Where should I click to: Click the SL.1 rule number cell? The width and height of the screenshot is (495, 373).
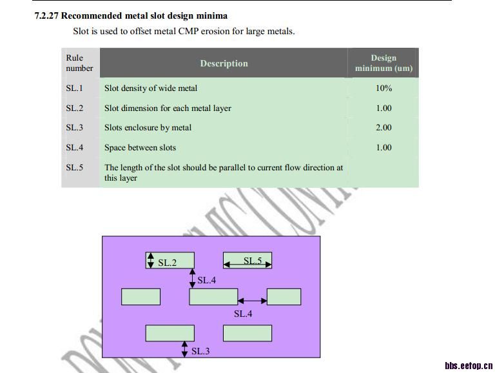pos(75,88)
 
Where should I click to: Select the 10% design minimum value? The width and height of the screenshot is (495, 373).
pos(383,88)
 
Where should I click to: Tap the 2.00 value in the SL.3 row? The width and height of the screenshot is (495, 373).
pos(383,127)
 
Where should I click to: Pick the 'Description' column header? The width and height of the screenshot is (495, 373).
pos(224,63)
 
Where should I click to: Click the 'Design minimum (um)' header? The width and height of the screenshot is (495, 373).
pos(383,63)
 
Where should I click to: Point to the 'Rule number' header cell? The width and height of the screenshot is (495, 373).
pos(79,63)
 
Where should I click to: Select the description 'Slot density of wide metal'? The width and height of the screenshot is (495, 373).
pos(151,88)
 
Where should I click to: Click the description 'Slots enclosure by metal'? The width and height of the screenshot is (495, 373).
pos(148,127)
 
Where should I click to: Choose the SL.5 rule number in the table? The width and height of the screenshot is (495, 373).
pos(75,167)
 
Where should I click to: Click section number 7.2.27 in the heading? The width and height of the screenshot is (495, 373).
pos(46,15)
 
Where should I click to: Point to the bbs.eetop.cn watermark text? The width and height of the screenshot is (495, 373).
pos(468,365)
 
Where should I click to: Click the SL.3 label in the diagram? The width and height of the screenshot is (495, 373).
pos(200,351)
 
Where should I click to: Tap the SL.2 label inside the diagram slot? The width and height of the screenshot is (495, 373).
pos(167,263)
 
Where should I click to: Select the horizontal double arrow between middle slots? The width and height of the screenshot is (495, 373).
pos(252,300)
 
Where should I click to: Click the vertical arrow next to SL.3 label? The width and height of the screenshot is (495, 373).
pos(185,348)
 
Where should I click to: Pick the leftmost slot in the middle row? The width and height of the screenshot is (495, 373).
pos(141,297)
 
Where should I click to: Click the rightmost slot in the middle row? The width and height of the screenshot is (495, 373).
pos(284,297)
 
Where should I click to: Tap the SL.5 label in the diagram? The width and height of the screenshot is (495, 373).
pos(253,261)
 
